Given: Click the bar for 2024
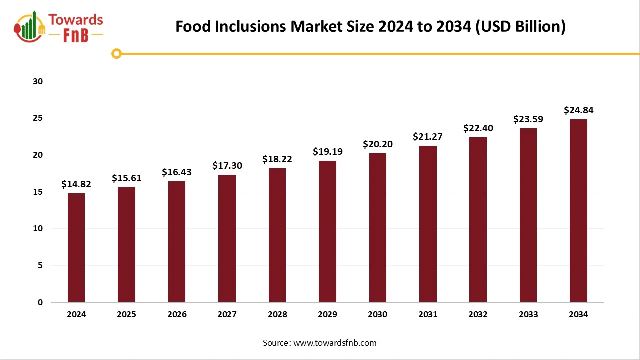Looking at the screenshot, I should coord(76,247).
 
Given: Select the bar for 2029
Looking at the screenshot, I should coord(327,231).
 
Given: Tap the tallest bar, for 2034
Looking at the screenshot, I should coord(578,210).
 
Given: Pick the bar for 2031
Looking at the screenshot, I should coord(428,224).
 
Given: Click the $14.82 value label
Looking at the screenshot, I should coord(76,184).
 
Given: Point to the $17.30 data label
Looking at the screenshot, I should coord(227,165).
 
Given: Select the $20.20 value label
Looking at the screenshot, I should coord(378,144).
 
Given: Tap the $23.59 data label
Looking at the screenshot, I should coord(528,119).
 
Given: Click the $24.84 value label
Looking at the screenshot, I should coord(578,110).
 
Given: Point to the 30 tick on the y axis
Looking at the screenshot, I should coord(38,81).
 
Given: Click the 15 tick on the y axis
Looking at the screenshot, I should coord(38,192).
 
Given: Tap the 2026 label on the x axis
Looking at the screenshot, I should coord(177,314).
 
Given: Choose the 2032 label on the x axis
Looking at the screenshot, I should coord(478,314).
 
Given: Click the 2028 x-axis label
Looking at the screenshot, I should coord(277,314).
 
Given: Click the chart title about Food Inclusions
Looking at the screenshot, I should coord(370,27).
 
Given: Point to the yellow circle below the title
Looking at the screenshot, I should coord(117,53).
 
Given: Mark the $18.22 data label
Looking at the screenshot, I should coord(277,159).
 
